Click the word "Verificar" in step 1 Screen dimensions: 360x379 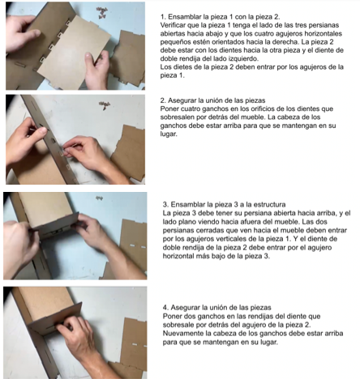172,25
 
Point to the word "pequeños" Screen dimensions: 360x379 172,42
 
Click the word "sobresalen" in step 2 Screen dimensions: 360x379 174,117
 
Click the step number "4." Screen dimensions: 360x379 165,308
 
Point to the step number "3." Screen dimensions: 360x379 166,204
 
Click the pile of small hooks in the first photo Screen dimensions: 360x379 102,12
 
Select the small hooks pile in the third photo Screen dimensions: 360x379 99,198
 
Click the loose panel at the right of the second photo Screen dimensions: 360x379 129,152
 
